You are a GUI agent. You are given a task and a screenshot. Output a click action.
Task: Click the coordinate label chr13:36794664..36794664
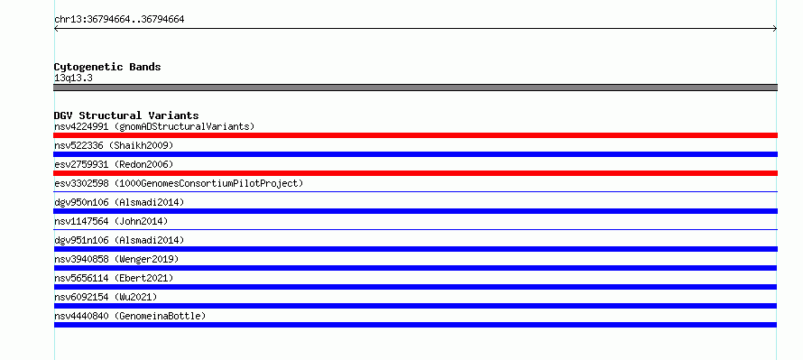click(119, 20)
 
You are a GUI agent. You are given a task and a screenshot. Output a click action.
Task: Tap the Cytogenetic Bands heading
click(107, 67)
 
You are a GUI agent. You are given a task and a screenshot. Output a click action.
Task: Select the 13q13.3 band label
click(73, 78)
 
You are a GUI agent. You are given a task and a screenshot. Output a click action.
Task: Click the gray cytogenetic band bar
click(415, 88)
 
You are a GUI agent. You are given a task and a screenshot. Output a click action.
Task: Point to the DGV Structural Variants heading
click(126, 115)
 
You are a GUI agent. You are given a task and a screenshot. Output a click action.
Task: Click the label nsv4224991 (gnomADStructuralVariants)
click(154, 126)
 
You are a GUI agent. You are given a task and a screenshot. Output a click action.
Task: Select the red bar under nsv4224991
click(415, 135)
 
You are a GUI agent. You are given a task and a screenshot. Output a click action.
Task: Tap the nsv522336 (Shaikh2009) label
click(114, 145)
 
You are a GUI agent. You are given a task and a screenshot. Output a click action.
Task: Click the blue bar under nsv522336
click(415, 154)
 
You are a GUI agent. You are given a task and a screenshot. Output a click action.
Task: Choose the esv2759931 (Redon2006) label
click(114, 164)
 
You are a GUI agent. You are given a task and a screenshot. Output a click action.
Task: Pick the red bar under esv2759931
click(415, 173)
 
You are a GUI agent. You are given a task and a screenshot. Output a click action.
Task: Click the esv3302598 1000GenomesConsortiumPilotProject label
click(179, 183)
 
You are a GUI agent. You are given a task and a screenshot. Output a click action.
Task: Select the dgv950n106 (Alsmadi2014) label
click(119, 202)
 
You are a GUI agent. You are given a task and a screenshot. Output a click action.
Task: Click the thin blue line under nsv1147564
click(415, 230)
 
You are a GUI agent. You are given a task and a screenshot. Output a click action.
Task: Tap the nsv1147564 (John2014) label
click(111, 221)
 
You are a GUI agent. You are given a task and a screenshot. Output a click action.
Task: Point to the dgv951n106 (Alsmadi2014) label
click(119, 240)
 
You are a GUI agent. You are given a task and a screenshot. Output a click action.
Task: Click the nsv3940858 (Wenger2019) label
click(116, 259)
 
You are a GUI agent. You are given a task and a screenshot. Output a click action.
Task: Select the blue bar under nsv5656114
click(415, 287)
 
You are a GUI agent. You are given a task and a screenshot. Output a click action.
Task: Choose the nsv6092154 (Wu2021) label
click(106, 297)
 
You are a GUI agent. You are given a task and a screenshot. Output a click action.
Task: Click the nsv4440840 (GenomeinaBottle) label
click(130, 316)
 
